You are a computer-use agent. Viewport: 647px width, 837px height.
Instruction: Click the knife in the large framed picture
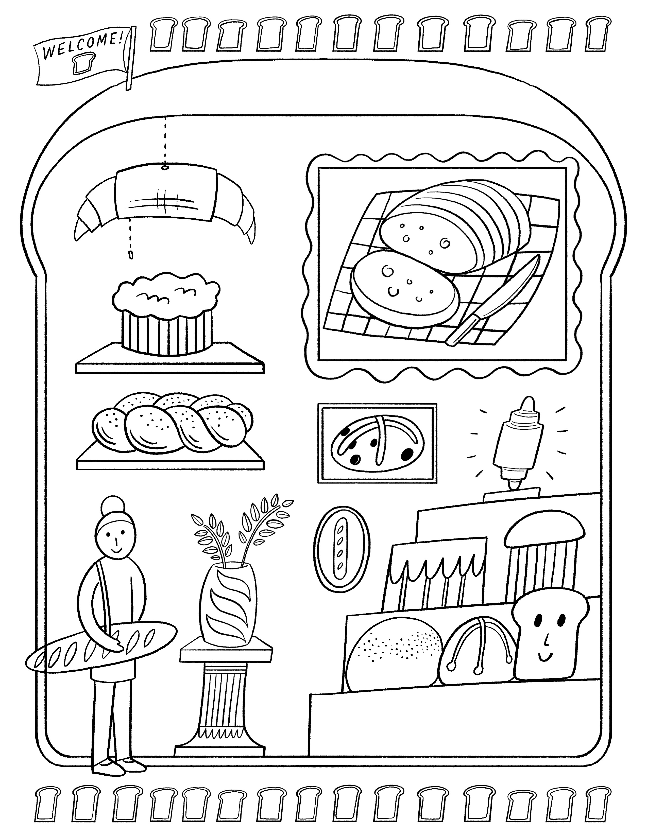tap(495, 299)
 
